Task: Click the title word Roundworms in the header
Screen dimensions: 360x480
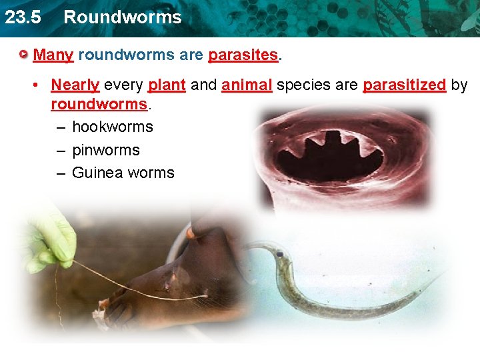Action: coord(122,17)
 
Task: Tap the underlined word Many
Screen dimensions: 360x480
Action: coord(53,55)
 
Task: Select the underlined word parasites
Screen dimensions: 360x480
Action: coord(243,55)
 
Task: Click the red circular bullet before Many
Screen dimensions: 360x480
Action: coord(24,54)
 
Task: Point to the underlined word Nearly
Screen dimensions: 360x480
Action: coord(75,85)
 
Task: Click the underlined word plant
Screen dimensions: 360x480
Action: coord(167,85)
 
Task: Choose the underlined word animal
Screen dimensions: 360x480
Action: coord(247,85)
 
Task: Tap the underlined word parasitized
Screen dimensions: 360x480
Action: coord(404,85)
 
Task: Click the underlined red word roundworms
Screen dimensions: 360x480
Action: coord(99,105)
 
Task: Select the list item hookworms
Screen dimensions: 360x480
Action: coord(112,127)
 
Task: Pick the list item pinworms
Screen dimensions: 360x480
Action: coord(105,150)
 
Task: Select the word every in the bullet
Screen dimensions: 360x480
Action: coord(123,85)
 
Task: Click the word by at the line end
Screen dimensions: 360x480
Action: coord(459,85)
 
